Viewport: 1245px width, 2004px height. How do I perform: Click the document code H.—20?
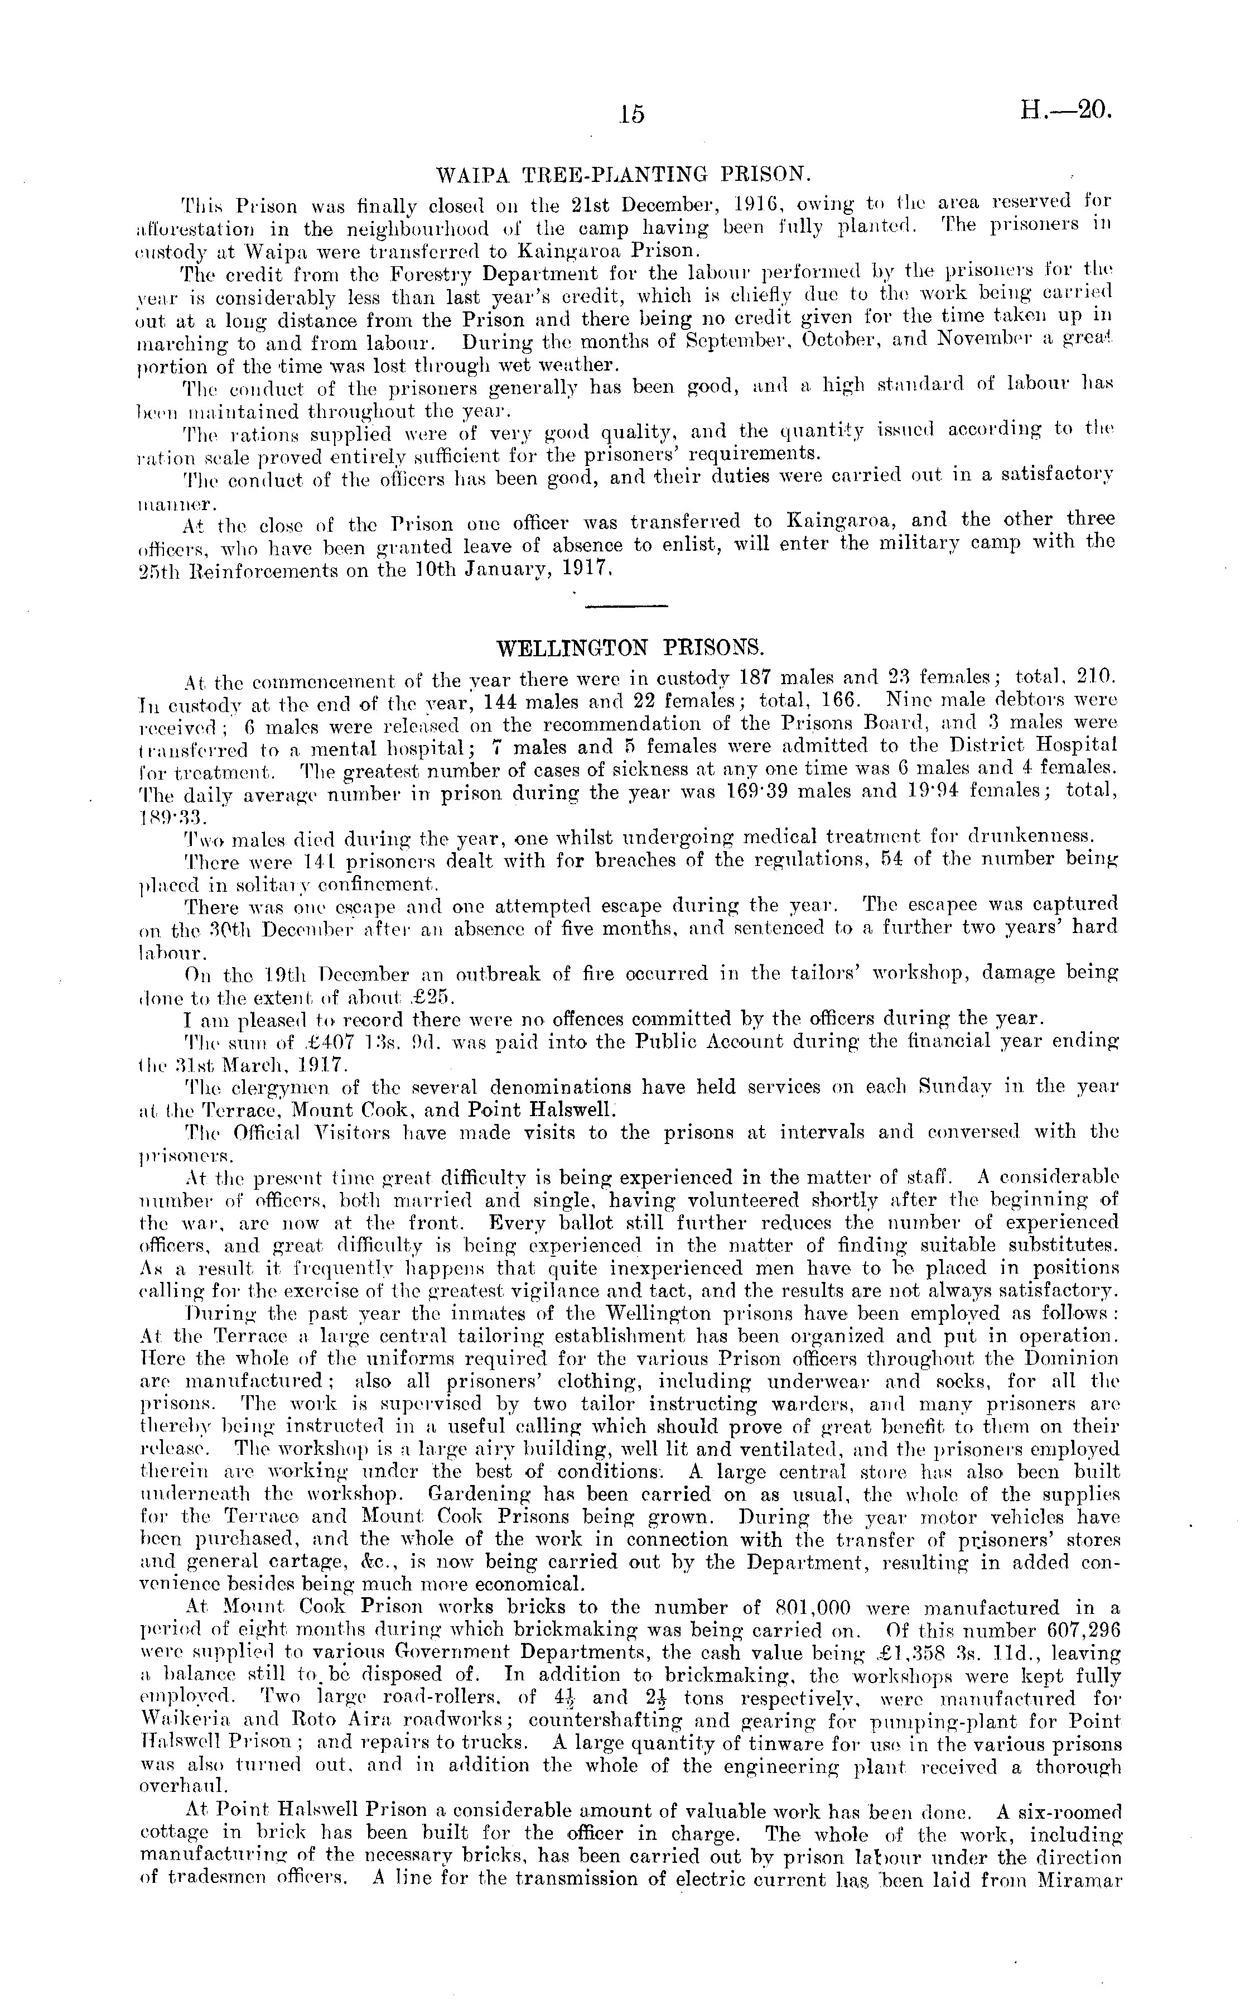point(1067,109)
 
